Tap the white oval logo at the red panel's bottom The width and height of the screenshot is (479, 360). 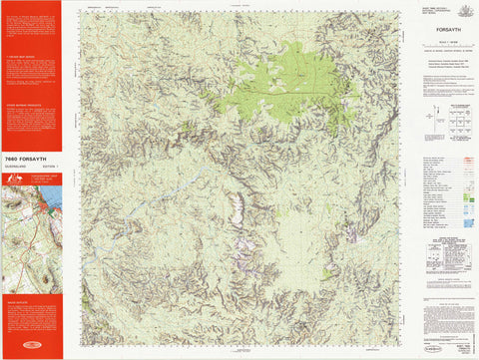(x=31, y=351)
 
